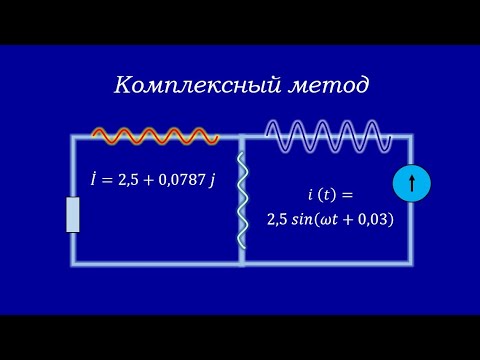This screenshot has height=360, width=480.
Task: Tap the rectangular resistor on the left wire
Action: click(x=73, y=215)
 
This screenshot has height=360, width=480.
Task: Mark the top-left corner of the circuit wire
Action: click(x=73, y=138)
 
